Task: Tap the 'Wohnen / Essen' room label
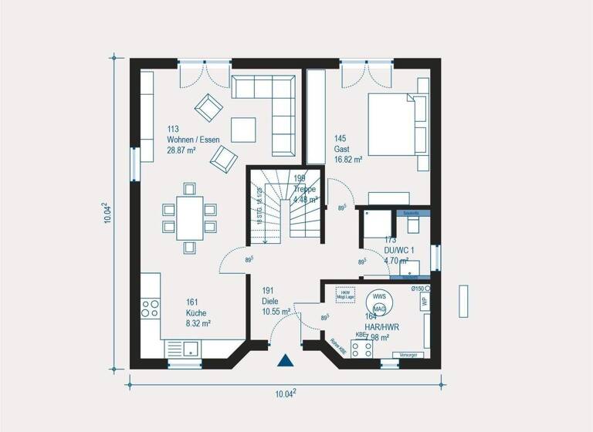(x=193, y=140)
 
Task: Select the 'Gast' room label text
(x=341, y=149)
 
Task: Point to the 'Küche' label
(x=195, y=313)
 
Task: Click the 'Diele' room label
(x=269, y=302)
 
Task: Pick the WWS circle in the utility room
(x=379, y=296)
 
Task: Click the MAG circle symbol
(x=379, y=309)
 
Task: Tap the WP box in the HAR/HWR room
(x=425, y=302)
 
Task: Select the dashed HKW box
(x=345, y=295)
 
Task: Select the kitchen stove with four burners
(x=150, y=309)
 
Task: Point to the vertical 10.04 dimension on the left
(x=109, y=213)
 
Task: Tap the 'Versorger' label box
(x=408, y=354)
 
